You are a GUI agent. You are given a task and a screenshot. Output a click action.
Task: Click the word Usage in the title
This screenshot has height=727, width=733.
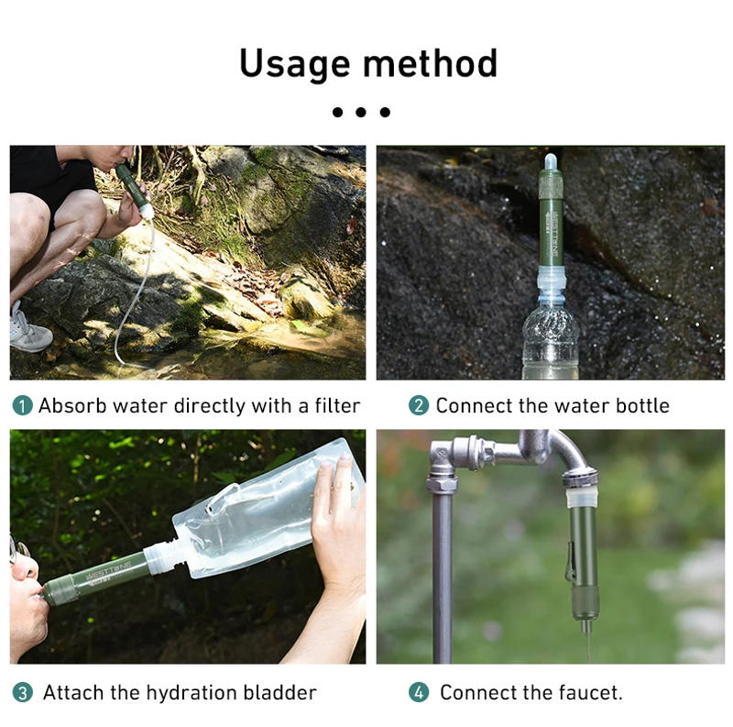[293, 64]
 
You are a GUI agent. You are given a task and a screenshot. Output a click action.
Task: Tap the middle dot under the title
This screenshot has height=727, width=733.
[361, 112]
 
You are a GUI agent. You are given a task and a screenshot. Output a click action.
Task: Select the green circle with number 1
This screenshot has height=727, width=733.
[22, 405]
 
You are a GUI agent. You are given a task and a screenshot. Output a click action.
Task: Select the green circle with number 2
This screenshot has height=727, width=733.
[419, 405]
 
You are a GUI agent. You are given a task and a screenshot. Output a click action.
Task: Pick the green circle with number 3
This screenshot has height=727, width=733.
[22, 692]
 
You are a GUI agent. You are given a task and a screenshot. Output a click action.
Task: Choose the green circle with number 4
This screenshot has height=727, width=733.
[419, 692]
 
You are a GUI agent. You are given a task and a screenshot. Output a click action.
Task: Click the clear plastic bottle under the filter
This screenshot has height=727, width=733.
[550, 344]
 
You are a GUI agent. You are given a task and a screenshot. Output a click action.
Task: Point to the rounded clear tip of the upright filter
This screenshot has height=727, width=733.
[550, 162]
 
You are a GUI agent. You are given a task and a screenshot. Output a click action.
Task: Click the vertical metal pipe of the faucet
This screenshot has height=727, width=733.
[443, 578]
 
